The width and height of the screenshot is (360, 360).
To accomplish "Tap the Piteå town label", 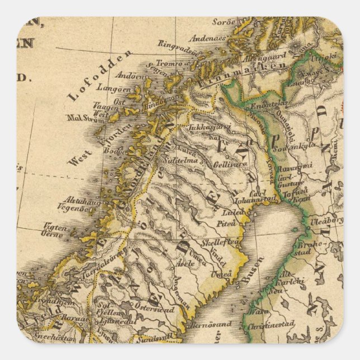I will pos(229,223).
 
